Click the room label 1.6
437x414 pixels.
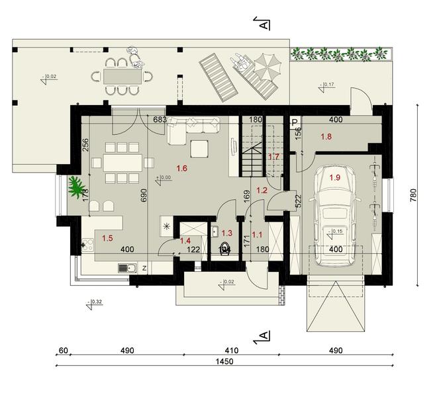tap(182, 169)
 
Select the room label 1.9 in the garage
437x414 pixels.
tap(335, 177)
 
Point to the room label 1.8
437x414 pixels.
tap(326, 137)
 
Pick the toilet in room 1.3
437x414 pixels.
tap(225, 250)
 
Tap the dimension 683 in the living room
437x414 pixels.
tap(159, 120)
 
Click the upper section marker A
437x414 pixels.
tap(264, 24)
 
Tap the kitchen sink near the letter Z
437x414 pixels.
tap(126, 268)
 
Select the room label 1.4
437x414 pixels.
tap(186, 241)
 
